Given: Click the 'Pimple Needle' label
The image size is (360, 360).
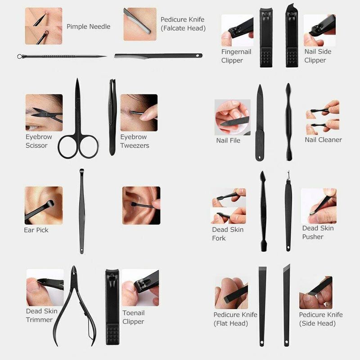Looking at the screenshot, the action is pos(88,27).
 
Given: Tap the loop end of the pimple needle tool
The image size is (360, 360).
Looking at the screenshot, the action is pos(20,56).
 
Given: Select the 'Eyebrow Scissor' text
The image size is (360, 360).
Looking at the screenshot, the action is pos(39,141).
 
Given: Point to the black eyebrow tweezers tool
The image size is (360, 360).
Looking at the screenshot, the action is pos(112,117).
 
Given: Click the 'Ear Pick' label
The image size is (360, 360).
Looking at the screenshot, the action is pos(36,230).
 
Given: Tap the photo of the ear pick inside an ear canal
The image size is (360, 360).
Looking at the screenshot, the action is pos(141,206).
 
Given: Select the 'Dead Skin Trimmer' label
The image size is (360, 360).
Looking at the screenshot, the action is pos(41,315).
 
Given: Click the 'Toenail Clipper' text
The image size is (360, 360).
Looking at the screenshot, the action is pos(133,317).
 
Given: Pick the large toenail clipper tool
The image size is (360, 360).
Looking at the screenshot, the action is pos(112,307).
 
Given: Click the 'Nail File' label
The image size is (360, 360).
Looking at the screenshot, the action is pos(228,140).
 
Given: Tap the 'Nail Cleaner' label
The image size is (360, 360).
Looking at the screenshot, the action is pos(323,139).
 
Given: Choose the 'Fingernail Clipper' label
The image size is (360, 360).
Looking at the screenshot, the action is pos(236,56).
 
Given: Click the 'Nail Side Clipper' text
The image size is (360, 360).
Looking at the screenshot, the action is pos(318,56).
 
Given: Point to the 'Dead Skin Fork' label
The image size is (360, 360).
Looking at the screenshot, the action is pos(228,234).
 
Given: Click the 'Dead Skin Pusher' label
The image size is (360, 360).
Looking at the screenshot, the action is pos(318,232).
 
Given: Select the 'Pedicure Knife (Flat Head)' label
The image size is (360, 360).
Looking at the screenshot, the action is pos(235,319).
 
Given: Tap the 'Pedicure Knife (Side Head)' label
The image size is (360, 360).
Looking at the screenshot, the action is pos(321,319).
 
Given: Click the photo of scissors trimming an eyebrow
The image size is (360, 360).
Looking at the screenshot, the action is pos(44,112).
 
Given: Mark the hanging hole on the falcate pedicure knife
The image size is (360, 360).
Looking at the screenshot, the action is pos(198,55).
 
